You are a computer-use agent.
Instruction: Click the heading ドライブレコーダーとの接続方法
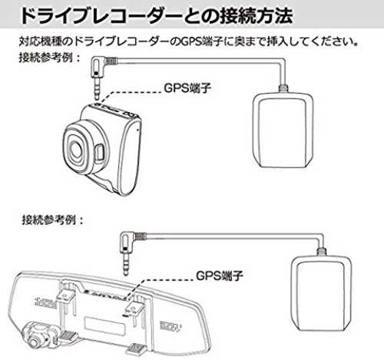click(156, 16)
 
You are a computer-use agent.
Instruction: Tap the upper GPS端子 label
click(187, 88)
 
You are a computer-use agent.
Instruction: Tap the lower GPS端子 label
click(219, 276)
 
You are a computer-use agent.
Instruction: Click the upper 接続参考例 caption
click(49, 58)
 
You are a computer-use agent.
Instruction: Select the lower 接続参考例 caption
click(52, 220)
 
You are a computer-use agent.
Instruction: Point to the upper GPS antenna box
click(283, 131)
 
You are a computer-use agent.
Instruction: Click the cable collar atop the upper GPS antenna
click(283, 89)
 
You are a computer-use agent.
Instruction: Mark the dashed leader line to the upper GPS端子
click(129, 95)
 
